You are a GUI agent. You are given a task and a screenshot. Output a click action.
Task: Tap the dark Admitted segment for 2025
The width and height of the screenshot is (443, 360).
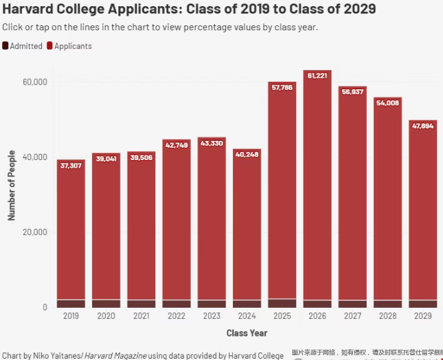pyautogui.click(x=282, y=303)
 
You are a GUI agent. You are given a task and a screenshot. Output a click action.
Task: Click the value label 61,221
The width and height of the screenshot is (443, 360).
pyautogui.click(x=317, y=76)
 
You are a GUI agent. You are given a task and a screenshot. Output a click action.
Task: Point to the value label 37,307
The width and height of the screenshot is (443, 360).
pyautogui.click(x=71, y=166)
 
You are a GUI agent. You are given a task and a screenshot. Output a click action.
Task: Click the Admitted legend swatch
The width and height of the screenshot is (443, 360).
pyautogui.click(x=5, y=46)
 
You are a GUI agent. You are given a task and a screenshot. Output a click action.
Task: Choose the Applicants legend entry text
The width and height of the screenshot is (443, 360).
pyautogui.click(x=73, y=46)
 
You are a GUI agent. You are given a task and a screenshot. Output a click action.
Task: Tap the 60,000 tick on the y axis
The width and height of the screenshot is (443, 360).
pyautogui.click(x=35, y=82)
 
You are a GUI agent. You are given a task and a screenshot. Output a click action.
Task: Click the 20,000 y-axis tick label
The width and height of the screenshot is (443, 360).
pyautogui.click(x=35, y=232)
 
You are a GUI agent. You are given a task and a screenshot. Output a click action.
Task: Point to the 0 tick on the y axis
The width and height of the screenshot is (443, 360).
pyautogui.click(x=43, y=307)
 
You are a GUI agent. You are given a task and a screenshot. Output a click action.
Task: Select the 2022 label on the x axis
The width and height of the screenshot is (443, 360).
pyautogui.click(x=177, y=316)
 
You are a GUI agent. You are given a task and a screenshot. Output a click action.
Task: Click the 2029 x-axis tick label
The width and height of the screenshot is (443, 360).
pyautogui.click(x=423, y=316)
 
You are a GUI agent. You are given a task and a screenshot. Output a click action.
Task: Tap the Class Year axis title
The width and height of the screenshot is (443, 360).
pyautogui.click(x=247, y=333)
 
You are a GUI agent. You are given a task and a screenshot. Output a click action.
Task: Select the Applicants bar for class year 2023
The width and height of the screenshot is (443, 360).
pyautogui.click(x=212, y=220)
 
